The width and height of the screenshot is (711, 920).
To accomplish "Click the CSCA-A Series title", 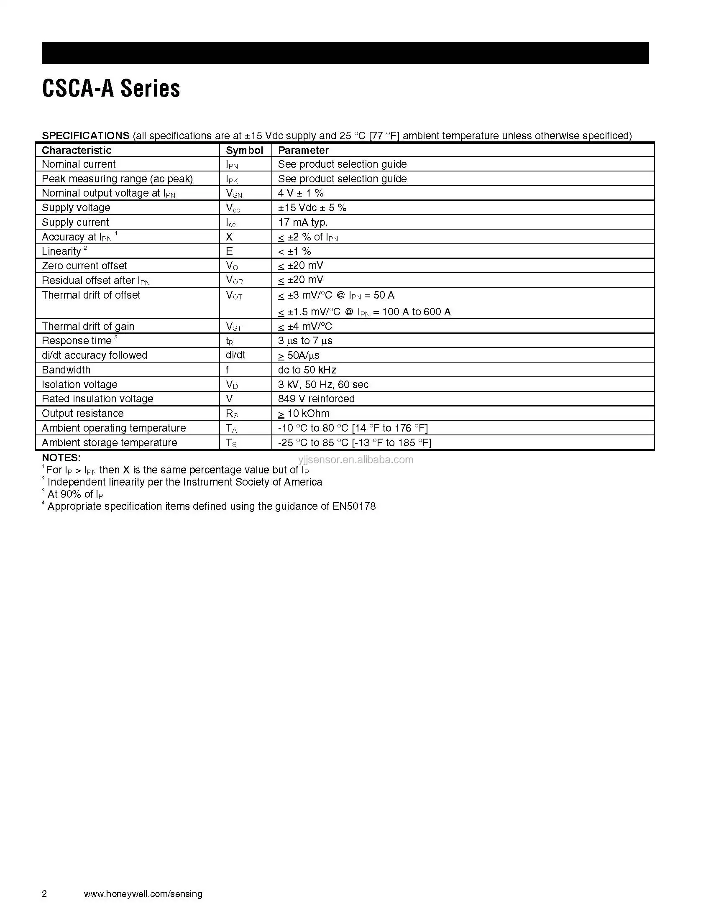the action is point(111,89).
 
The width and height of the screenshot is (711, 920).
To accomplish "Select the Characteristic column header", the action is point(76,151).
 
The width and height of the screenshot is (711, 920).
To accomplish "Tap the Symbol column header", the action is point(244,151).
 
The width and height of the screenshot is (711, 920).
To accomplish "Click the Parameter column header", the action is point(303,151).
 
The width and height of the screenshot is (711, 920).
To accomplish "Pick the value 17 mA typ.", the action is point(302,222).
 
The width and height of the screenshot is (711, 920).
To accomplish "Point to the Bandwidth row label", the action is point(66,370).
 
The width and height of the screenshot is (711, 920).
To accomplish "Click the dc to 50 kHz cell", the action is point(307,370).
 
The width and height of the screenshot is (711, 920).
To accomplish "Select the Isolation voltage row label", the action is point(79,384).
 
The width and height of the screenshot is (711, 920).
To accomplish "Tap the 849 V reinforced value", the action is point(316,399).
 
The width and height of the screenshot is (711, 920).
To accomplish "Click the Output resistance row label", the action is point(82,413).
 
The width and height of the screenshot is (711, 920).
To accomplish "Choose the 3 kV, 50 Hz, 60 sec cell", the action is point(323,384).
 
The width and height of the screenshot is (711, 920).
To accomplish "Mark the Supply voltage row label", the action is point(76,208).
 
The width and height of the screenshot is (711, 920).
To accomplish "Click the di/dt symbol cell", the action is point(235,355).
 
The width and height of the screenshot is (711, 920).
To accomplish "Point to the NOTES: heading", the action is point(61,457).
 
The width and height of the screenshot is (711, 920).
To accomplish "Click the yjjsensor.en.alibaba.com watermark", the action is point(355,460).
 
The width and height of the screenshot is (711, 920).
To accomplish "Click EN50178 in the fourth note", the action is point(354,506).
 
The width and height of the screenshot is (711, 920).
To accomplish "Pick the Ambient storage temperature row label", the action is point(110,442).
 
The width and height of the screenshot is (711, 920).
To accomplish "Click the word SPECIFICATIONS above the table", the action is point(85,135).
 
